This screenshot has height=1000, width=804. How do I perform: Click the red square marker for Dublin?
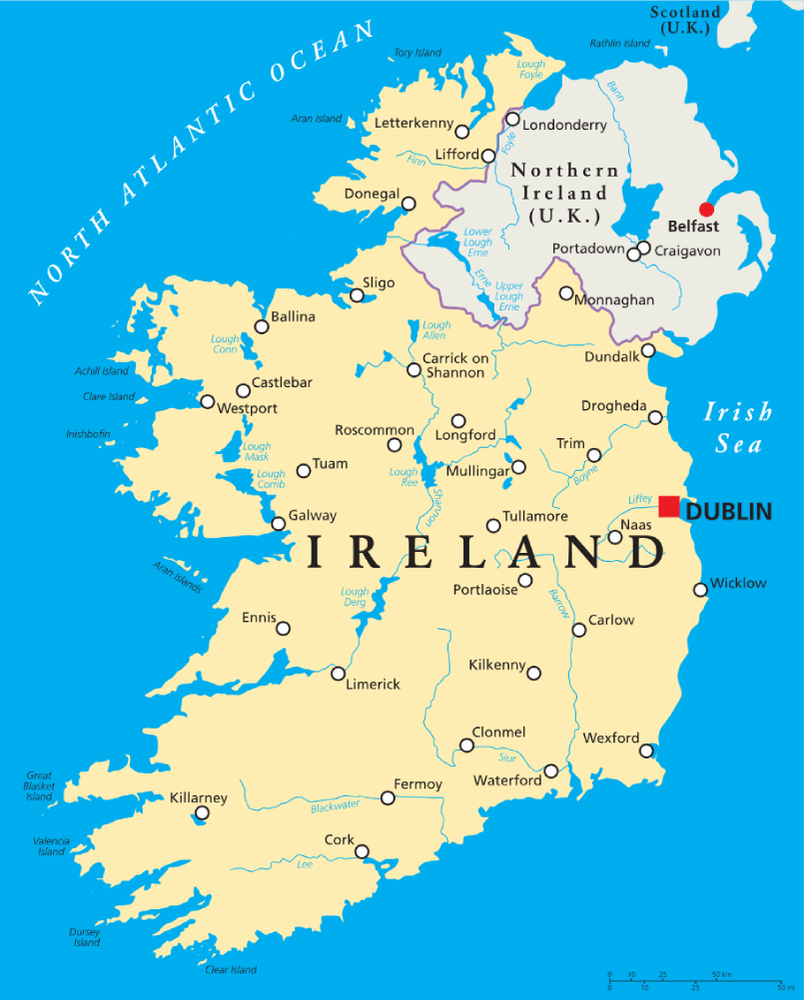pyautogui.click(x=669, y=506)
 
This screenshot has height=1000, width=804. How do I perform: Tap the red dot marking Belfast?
pyautogui.click(x=706, y=210)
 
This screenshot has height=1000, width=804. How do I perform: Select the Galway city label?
pyautogui.click(x=313, y=516)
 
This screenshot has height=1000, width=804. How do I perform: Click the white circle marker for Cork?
pyautogui.click(x=362, y=851)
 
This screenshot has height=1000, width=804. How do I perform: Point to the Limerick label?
pyautogui.click(x=373, y=685)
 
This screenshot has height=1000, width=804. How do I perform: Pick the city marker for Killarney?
pyautogui.click(x=202, y=813)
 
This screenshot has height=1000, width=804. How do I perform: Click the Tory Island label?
pyautogui.click(x=417, y=53)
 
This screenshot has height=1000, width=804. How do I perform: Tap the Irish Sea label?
pyautogui.click(x=738, y=427)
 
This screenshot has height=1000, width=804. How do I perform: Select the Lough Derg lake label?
pyautogui.click(x=355, y=597)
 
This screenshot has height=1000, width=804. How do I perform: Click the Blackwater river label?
pyautogui.click(x=335, y=806)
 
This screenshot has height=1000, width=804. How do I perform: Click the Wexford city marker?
pyautogui.click(x=646, y=750)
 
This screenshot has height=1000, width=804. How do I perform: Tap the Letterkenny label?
pyautogui.click(x=413, y=124)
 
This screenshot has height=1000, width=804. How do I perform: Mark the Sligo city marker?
pyautogui.click(x=357, y=294)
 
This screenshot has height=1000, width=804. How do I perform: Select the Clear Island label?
pyautogui.click(x=231, y=969)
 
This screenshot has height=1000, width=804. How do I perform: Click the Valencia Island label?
pyautogui.click(x=51, y=846)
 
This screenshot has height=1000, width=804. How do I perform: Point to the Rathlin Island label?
pyautogui.click(x=619, y=44)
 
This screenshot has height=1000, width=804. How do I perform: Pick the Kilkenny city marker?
pyautogui.click(x=533, y=674)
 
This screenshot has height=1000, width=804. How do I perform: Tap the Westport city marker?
pyautogui.click(x=207, y=402)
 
